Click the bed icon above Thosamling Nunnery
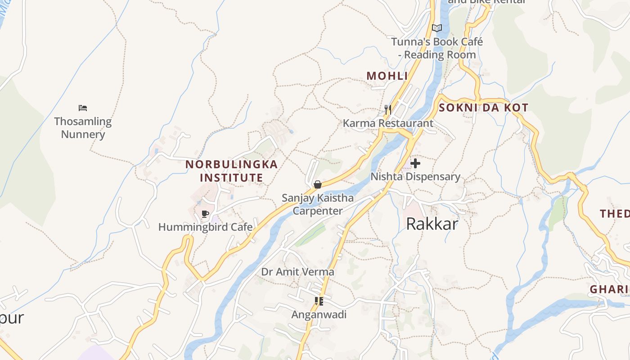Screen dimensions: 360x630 pos(83,108)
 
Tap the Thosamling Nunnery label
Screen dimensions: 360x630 pos(83,128)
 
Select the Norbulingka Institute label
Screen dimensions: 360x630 pos(232,171)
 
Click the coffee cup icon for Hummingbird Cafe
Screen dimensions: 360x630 pos(205,214)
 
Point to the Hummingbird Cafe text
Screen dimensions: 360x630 pos(205,227)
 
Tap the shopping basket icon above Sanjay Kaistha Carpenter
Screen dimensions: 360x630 pos(318,184)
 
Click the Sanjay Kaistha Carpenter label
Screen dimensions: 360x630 pos(318,204)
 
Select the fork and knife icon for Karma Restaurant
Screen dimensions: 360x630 pos(388,109)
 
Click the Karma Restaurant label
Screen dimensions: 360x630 pos(388,123)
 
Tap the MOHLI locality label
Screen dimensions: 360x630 pos(387,76)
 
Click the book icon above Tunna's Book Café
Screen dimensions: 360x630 pos(437,28)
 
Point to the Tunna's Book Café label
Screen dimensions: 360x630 pos(437,48)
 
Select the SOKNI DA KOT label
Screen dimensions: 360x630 pos(483,108)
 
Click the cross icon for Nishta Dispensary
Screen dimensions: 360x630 pos(415,163)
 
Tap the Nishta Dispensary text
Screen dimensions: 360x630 pos(415,177)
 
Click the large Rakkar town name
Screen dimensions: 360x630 pos(432,224)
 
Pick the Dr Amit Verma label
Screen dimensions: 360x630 pos(297,272)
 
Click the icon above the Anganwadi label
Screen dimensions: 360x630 pos(319,301)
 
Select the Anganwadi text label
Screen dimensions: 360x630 pos(319,315)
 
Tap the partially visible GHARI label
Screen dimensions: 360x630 pos(609,289)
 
